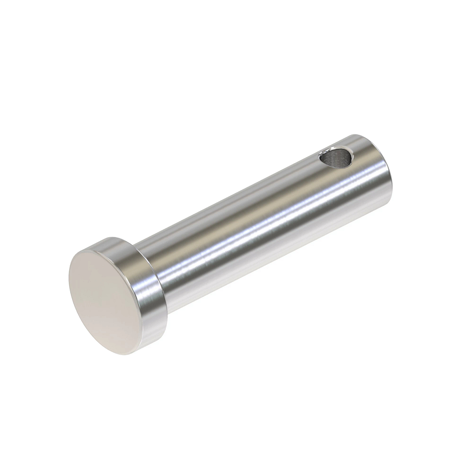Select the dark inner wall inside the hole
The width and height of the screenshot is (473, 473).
(335, 160)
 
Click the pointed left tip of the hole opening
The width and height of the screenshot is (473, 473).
(320, 157)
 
